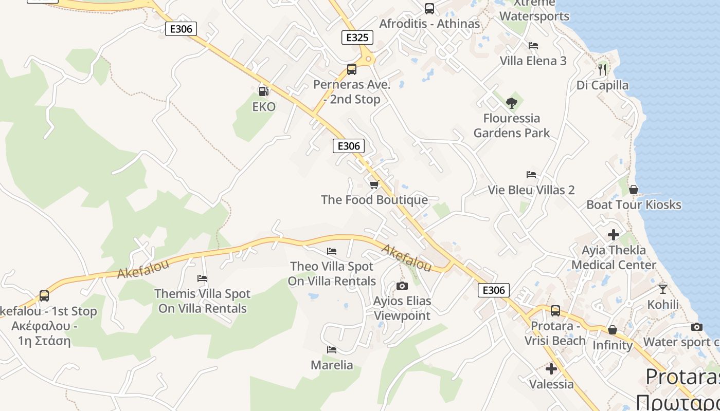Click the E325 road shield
[357, 38]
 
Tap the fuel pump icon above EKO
[263, 91]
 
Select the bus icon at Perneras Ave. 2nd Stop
[352, 69]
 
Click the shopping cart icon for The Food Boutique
[374, 184]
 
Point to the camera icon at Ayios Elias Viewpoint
[402, 286]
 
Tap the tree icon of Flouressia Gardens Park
[511, 103]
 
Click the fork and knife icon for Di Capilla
[602, 69]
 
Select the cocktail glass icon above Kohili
[663, 289]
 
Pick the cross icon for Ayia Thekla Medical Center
[614, 235]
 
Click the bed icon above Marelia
[332, 350]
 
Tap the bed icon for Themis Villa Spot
[202, 278]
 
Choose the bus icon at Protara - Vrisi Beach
[555, 311]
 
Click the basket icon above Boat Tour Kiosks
[634, 190]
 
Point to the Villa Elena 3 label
[533, 61]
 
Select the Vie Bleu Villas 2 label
[531, 190]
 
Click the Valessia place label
[551, 384]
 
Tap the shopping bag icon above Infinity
[612, 330]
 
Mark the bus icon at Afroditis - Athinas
[429, 9]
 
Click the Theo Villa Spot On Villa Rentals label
[332, 274]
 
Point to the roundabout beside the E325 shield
[368, 60]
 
